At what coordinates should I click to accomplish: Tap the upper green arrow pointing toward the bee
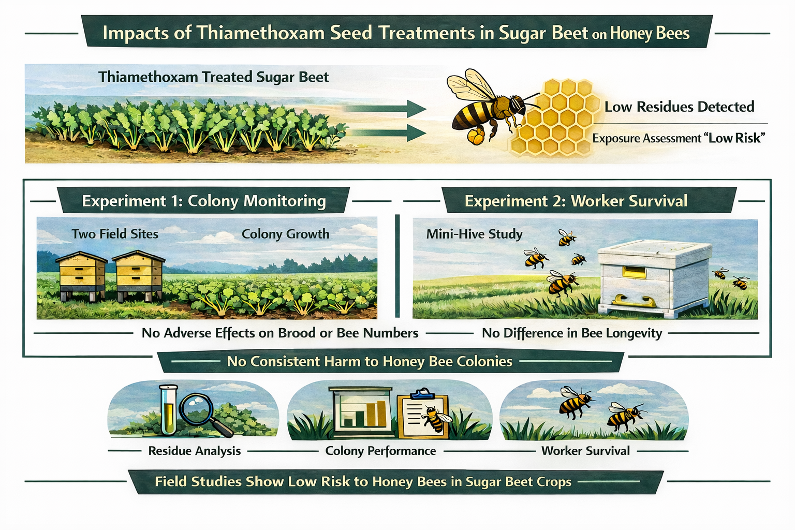(385, 109)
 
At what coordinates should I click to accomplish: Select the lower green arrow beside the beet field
(385, 133)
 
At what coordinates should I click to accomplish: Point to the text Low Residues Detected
(679, 107)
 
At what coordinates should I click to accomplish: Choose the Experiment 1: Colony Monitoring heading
(204, 201)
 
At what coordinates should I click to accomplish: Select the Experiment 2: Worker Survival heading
(576, 201)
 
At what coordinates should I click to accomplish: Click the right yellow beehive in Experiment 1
(139, 275)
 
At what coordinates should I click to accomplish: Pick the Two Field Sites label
(115, 234)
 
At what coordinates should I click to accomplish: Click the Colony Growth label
(285, 234)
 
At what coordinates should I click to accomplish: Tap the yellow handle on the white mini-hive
(634, 301)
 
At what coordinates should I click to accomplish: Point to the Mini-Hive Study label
(474, 234)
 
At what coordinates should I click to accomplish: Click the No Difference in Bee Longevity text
(572, 333)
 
